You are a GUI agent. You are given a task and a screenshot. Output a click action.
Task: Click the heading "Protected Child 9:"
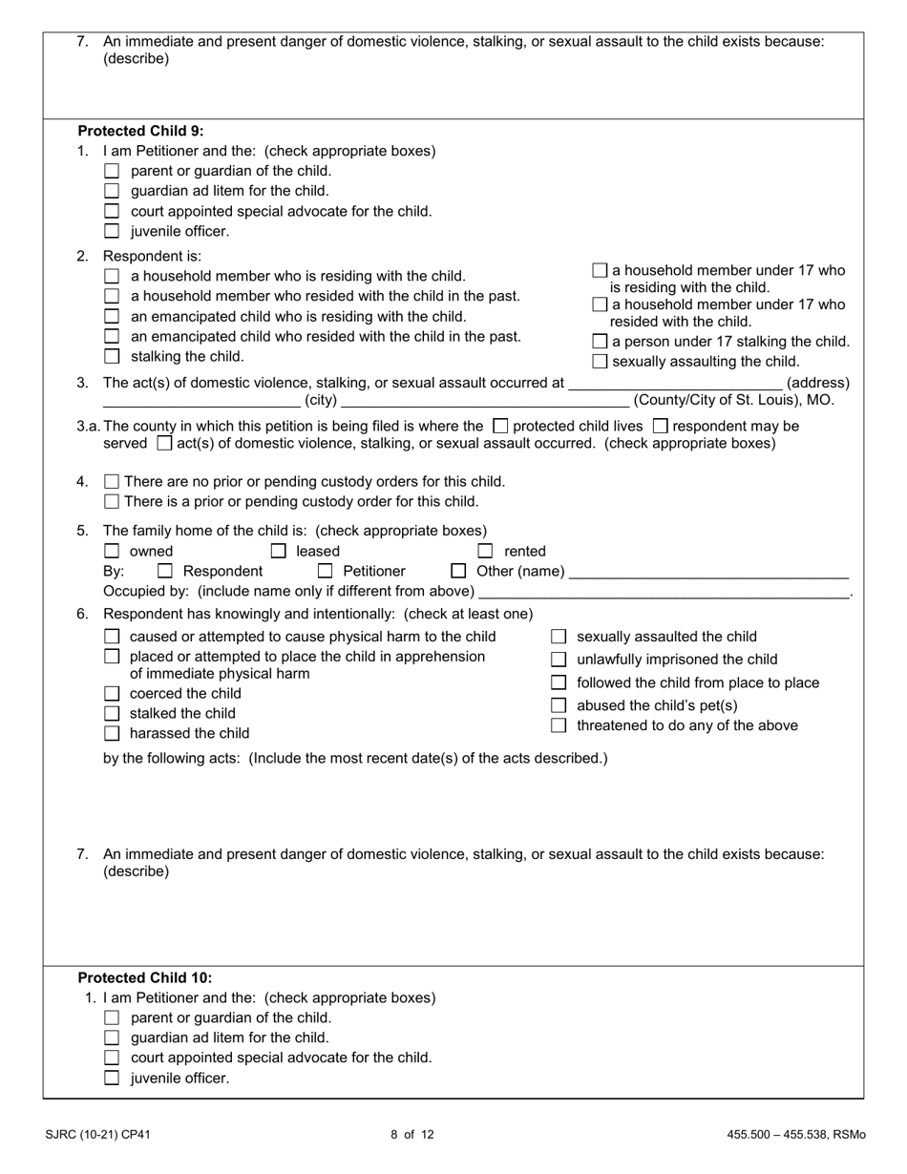[140, 131]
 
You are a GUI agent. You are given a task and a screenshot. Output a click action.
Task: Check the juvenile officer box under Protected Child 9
[112, 231]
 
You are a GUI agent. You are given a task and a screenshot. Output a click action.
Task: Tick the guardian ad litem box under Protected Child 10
[112, 1038]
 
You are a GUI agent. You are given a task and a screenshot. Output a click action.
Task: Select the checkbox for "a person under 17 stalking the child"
[600, 342]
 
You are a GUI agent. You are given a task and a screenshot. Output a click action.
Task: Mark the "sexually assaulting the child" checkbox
[600, 362]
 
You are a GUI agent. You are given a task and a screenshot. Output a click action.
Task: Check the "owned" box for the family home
[112, 551]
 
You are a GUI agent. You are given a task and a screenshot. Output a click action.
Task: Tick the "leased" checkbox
[279, 551]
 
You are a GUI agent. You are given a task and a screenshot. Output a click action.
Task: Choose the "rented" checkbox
[486, 551]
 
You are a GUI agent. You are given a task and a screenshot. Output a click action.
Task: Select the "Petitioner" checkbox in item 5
[325, 572]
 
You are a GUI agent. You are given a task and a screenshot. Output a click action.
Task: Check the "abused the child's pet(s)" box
[559, 705]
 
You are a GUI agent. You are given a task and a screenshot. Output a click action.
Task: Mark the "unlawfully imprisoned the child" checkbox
[559, 660]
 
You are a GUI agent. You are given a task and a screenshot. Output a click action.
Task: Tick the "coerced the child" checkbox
[112, 694]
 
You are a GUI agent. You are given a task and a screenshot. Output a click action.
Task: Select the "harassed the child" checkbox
[112, 734]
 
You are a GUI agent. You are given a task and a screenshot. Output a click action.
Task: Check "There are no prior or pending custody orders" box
[112, 482]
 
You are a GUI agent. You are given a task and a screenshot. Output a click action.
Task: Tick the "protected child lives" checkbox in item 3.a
[500, 426]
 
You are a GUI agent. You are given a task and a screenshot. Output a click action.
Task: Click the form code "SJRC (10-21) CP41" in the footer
[97, 1135]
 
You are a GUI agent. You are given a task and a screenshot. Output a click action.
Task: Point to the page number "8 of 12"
[412, 1135]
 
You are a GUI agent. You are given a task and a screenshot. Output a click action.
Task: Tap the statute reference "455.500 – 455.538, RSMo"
[795, 1135]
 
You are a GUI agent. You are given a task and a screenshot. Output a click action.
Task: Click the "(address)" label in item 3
[817, 383]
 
